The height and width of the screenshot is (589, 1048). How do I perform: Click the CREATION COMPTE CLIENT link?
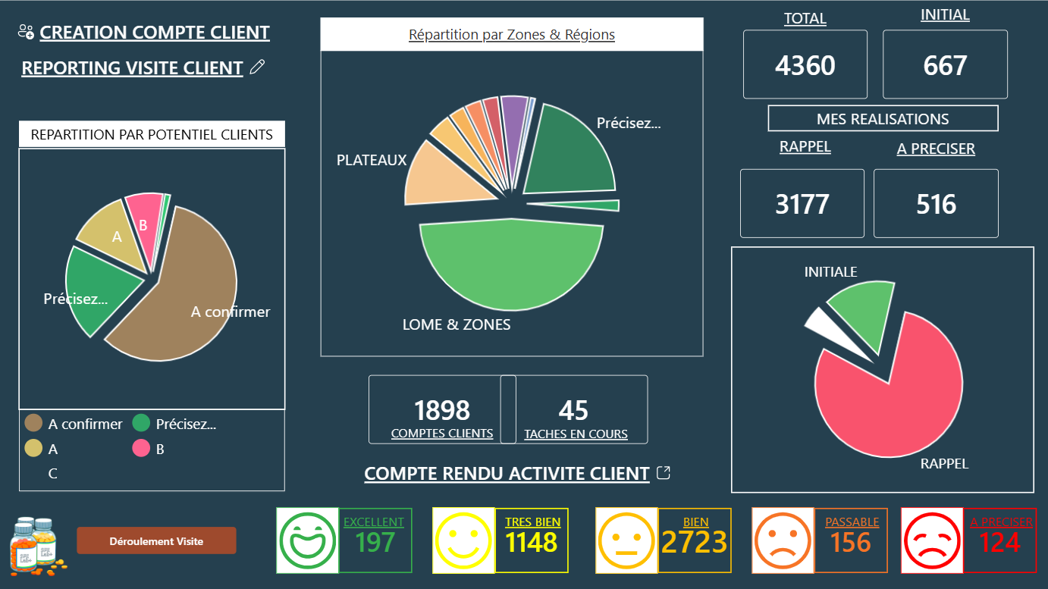coord(154,33)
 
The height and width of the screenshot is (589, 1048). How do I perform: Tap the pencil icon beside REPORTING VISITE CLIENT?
coord(257,67)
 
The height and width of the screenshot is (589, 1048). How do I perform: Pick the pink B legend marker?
coord(141,449)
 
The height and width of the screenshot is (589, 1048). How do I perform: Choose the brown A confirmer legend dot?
coord(33,424)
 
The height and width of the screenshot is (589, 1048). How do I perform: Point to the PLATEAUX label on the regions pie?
coord(372,160)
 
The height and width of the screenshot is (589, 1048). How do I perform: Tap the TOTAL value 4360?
coord(805,65)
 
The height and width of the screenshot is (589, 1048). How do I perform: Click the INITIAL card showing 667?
coord(945,65)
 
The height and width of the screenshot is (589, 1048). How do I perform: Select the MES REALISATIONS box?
coord(883,119)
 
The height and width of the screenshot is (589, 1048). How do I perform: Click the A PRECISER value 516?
coord(936,204)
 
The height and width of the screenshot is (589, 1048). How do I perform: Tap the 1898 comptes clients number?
coord(442,410)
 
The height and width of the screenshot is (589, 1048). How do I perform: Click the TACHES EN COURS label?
coord(576,434)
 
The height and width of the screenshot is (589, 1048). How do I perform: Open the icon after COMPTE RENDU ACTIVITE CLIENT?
coord(664,473)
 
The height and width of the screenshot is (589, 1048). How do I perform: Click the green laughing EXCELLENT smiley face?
coord(308,540)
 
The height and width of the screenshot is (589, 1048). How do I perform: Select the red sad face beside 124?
coord(932,540)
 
